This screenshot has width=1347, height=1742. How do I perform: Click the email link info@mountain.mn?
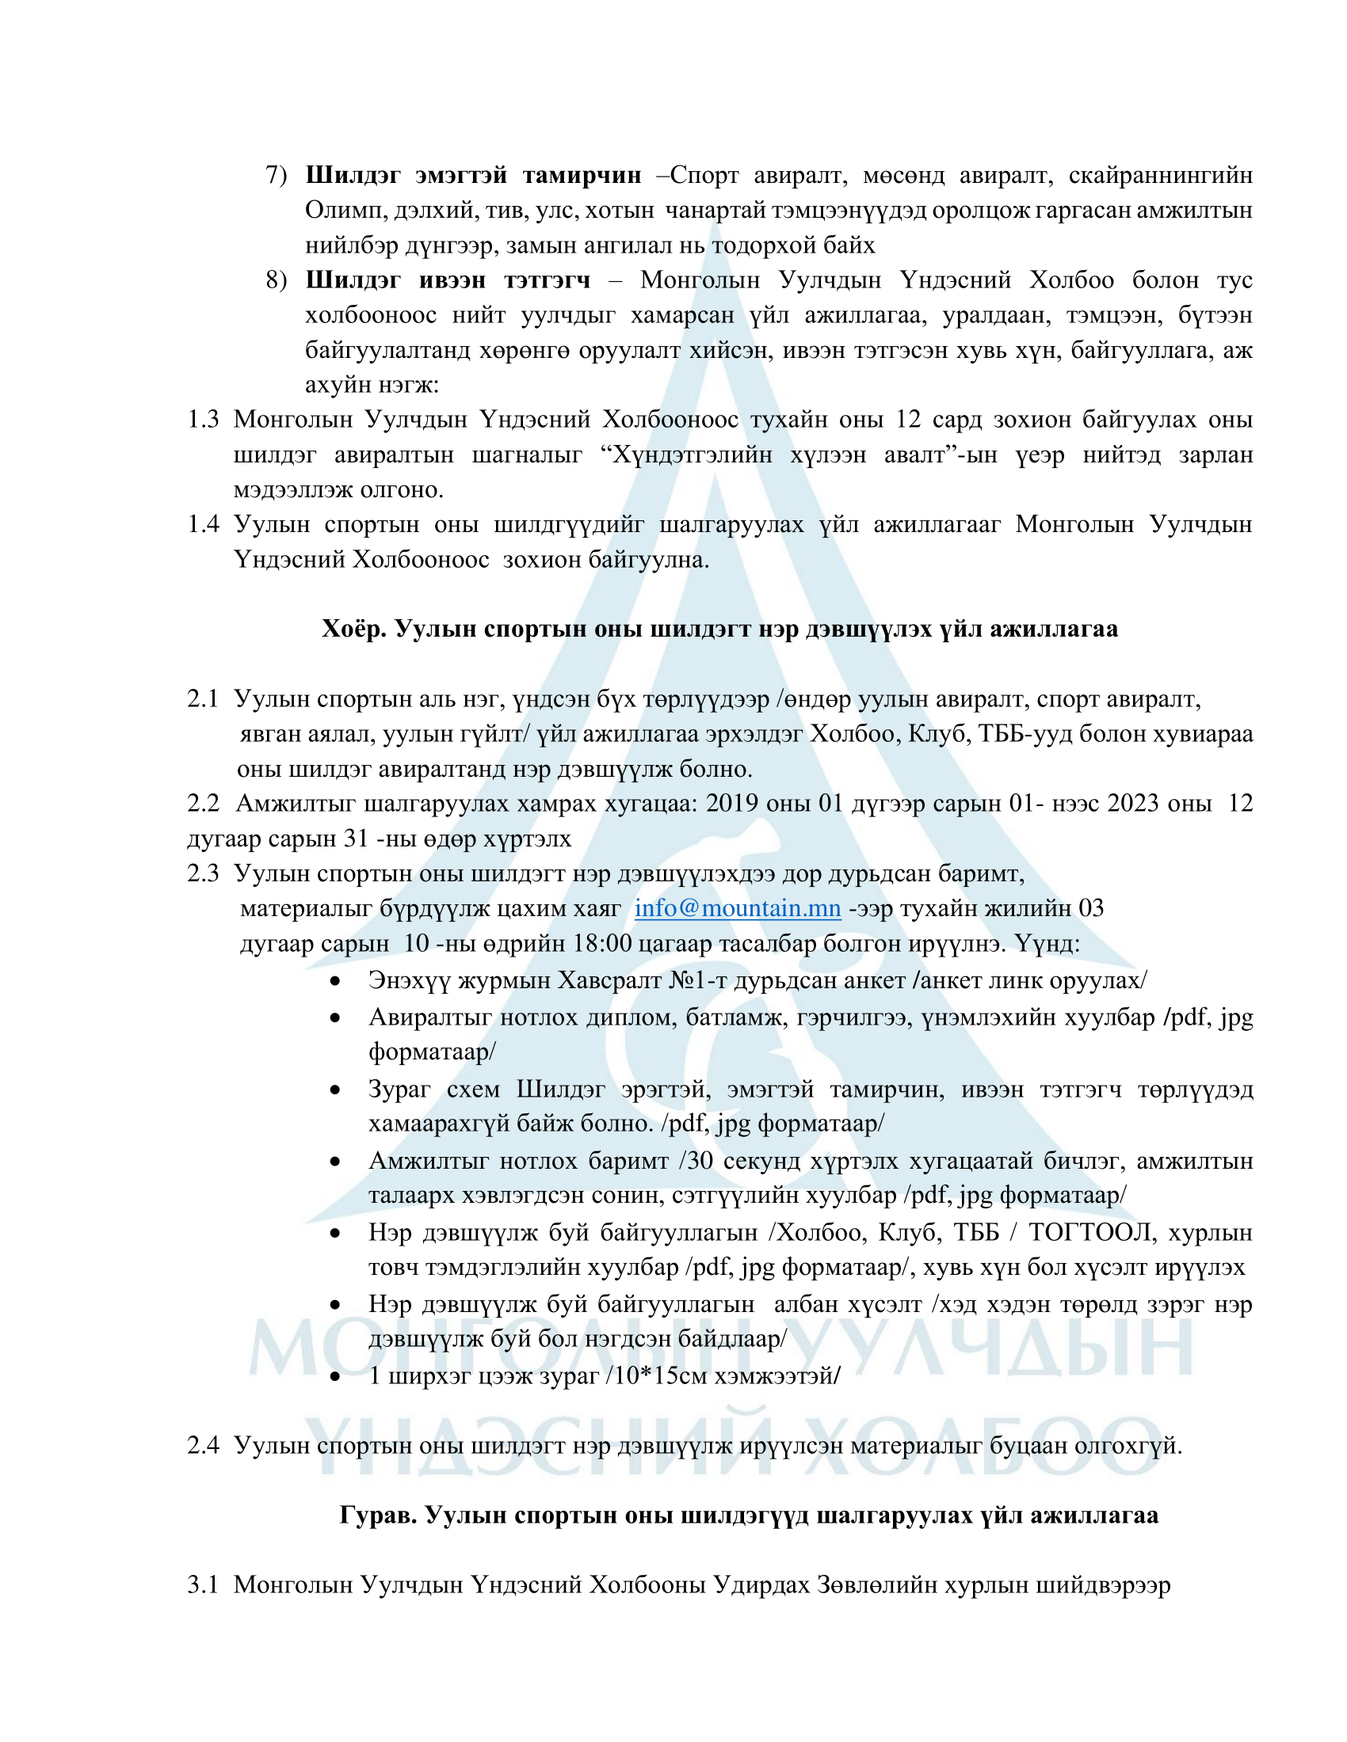click(x=738, y=908)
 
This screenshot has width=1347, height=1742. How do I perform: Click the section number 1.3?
click(x=203, y=420)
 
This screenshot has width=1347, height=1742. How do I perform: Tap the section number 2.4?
click(x=203, y=1445)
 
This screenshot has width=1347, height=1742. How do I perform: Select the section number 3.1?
click(x=203, y=1584)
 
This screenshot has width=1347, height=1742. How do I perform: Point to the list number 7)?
click(x=276, y=175)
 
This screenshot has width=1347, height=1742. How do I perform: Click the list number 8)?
click(x=276, y=280)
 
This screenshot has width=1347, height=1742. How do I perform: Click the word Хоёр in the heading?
click(x=353, y=629)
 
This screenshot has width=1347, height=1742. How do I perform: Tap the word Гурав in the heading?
click(x=377, y=1515)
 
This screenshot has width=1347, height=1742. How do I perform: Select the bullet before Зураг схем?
click(x=336, y=1090)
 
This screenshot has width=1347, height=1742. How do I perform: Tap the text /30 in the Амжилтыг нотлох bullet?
click(x=695, y=1161)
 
